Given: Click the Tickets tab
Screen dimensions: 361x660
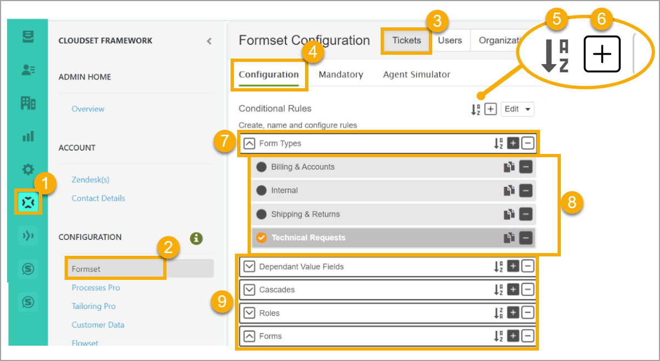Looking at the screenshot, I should (x=406, y=41).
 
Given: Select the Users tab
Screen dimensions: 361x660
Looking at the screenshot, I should (x=450, y=41).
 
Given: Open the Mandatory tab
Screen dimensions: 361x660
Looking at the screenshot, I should (x=341, y=75).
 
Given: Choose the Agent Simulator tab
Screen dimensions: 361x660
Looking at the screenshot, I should (x=416, y=75).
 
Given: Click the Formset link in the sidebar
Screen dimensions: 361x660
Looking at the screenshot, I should (x=87, y=269).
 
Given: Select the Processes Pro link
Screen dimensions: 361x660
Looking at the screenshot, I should (x=96, y=288).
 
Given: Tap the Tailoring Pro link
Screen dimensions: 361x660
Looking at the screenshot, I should (x=94, y=306).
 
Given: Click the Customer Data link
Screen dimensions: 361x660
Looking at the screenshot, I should (x=98, y=325).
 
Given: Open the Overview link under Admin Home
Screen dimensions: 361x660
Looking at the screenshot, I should (x=88, y=109).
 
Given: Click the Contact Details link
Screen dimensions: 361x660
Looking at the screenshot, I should (x=99, y=198).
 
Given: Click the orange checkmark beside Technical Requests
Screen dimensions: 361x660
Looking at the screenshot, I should (x=261, y=238).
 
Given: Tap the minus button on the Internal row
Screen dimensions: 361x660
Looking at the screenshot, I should (x=526, y=191).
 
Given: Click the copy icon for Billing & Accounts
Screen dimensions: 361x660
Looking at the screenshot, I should (x=509, y=167).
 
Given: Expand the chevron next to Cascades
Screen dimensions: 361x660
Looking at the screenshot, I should (x=250, y=290).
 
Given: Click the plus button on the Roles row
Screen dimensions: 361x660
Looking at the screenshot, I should (x=513, y=313).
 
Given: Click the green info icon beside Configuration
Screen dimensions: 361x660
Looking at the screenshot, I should (x=196, y=238).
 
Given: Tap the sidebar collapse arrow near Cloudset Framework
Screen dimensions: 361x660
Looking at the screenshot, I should (x=209, y=41).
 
